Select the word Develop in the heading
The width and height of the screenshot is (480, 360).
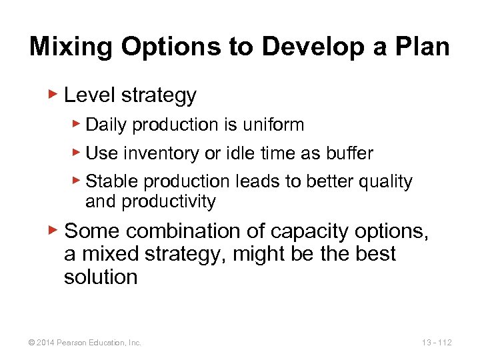coord(297,47)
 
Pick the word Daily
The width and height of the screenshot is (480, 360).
coord(107,125)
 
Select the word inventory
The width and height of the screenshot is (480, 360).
coord(154,153)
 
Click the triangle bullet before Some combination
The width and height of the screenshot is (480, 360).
coord(55,230)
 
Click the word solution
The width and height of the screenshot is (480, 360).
coord(100,277)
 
